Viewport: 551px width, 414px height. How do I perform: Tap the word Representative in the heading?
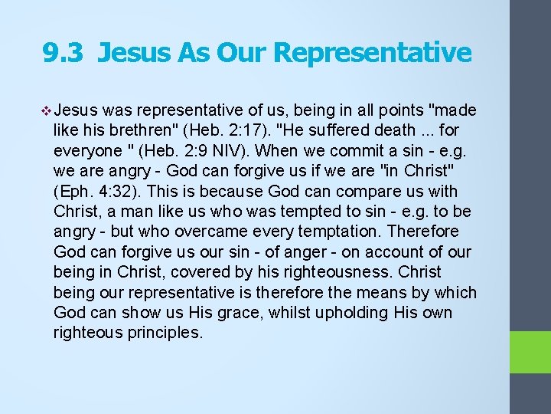point(372,53)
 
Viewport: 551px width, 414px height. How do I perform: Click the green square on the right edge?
point(531,353)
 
